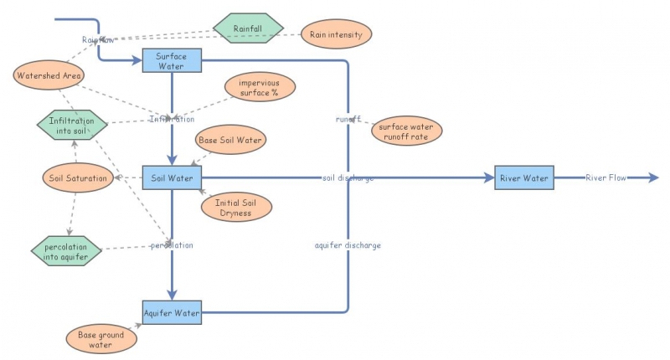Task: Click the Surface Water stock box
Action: pos(171,60)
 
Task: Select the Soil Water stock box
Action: pos(172,177)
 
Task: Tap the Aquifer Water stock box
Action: pos(172,313)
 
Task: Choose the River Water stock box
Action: pos(523,177)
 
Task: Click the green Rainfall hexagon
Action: pos(247,28)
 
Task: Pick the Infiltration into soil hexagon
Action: pos(72,126)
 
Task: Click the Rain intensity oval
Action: pos(335,34)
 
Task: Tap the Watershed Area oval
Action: pos(49,76)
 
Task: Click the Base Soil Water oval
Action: pos(229,140)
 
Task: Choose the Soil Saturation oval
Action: pos(78,177)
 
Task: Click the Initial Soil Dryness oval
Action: pos(237,207)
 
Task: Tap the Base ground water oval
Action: pos(100,339)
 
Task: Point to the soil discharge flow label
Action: pos(347,177)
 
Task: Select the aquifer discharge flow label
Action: pos(347,245)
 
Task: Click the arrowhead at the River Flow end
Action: pos(653,177)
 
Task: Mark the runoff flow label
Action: pos(348,119)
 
